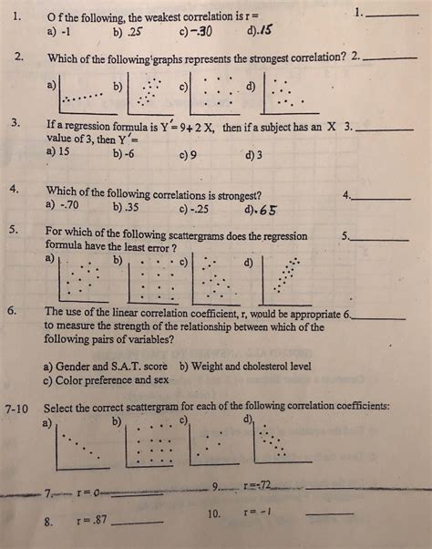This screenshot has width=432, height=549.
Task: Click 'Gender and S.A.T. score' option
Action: [x=105, y=366]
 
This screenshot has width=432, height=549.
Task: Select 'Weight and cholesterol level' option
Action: [x=245, y=366]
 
